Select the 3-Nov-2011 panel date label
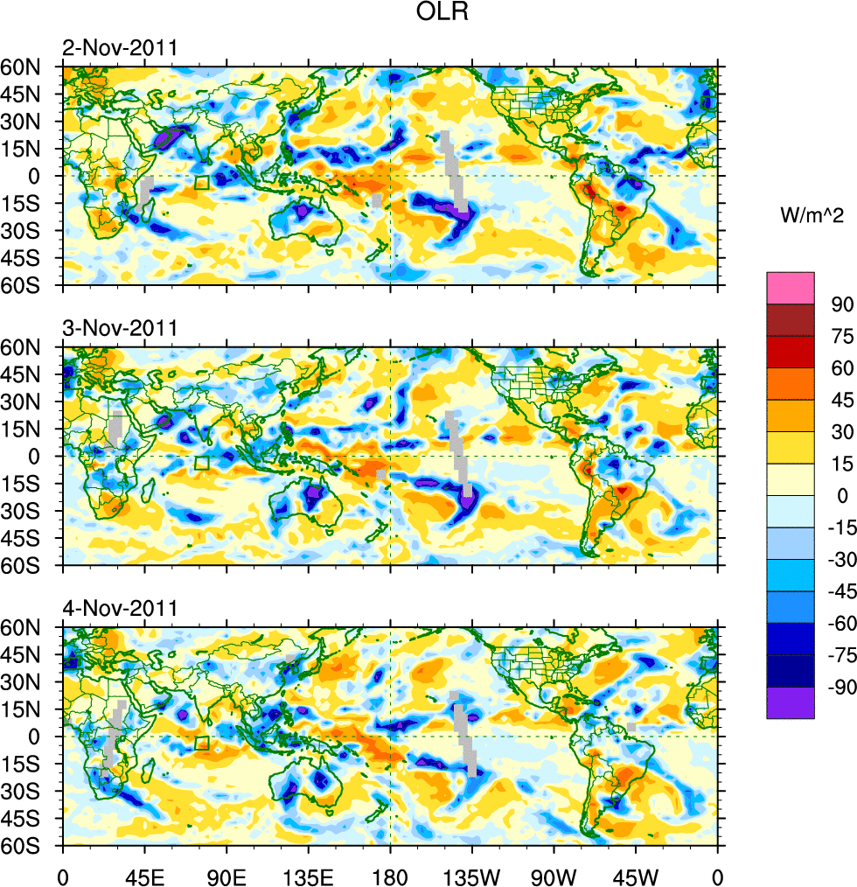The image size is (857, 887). [x=120, y=329]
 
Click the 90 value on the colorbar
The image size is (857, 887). [x=841, y=304]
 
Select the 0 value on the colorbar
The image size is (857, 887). [x=841, y=495]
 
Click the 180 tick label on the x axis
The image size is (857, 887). [x=390, y=875]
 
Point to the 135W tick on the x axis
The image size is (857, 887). [x=472, y=875]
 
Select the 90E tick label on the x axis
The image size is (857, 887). [x=226, y=875]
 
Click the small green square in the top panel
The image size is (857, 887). [x=202, y=182]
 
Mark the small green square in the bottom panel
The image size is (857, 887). [x=202, y=743]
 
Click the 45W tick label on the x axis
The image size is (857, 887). [x=636, y=875]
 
